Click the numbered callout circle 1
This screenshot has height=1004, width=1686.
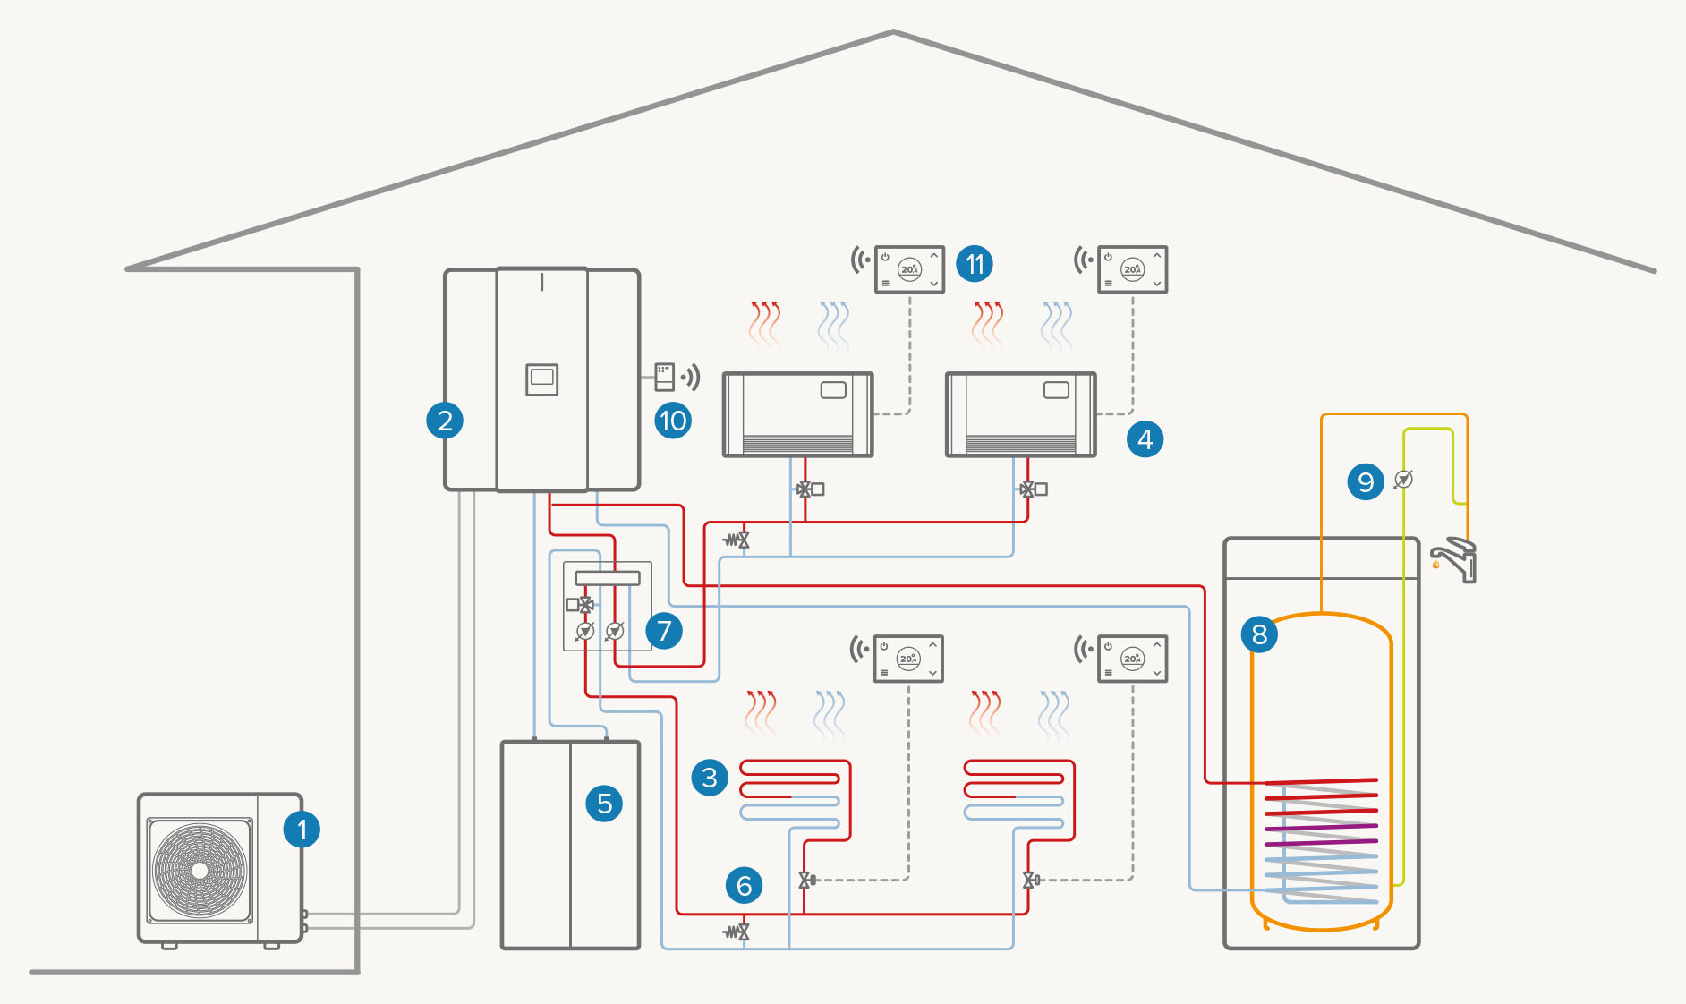(x=302, y=830)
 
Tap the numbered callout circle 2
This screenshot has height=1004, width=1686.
(x=445, y=420)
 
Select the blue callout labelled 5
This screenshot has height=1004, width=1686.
(x=604, y=804)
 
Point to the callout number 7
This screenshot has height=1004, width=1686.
(x=664, y=631)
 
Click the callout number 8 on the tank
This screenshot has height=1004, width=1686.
(x=1259, y=634)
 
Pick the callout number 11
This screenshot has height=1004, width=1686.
(x=975, y=264)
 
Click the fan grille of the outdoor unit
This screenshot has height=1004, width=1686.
(x=200, y=870)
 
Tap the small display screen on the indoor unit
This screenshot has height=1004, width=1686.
(x=541, y=379)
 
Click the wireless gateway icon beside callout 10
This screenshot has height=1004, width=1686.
(x=665, y=377)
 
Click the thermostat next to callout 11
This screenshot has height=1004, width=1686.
(x=909, y=269)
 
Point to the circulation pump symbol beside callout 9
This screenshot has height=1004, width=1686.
(x=1404, y=480)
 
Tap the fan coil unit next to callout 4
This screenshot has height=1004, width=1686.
(x=1020, y=414)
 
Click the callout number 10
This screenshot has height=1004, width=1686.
(x=672, y=420)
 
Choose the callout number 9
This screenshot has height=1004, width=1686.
(x=1366, y=481)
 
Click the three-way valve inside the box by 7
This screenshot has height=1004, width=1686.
(x=584, y=605)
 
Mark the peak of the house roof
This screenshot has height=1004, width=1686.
(x=893, y=33)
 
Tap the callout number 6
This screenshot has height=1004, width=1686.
(x=744, y=885)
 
